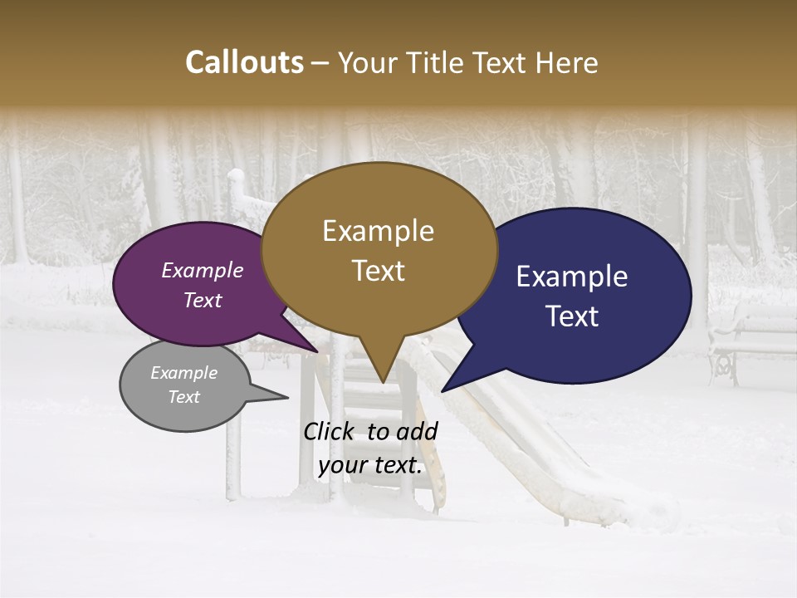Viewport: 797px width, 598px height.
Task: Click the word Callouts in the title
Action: pos(244,62)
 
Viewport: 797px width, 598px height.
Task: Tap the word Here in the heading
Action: pos(569,63)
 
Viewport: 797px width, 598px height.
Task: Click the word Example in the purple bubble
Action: pos(202,270)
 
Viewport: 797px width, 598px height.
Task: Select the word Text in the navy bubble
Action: pos(573,316)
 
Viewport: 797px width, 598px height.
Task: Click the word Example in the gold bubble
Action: pos(378,230)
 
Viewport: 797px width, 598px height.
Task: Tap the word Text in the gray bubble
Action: pos(183,397)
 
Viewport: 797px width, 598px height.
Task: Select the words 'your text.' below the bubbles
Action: pos(370,465)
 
